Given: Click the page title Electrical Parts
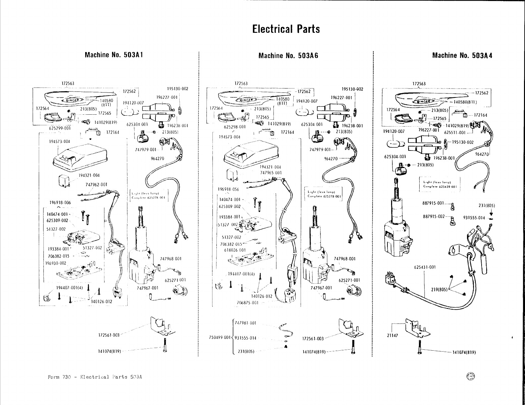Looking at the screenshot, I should coord(286,29).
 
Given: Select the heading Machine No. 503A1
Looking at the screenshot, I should coord(114,55).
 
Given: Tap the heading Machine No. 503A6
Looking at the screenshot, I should coord(288,55).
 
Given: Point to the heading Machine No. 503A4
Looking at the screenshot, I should coord(462,55).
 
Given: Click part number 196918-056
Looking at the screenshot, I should coord(228,189).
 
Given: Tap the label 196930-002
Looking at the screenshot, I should coord(56,263).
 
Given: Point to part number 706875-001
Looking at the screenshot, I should coord(248,303).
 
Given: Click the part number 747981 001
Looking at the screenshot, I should coord(246,323).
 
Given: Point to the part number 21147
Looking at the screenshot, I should coord(392,335).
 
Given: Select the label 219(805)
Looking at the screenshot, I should coord(439,289).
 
